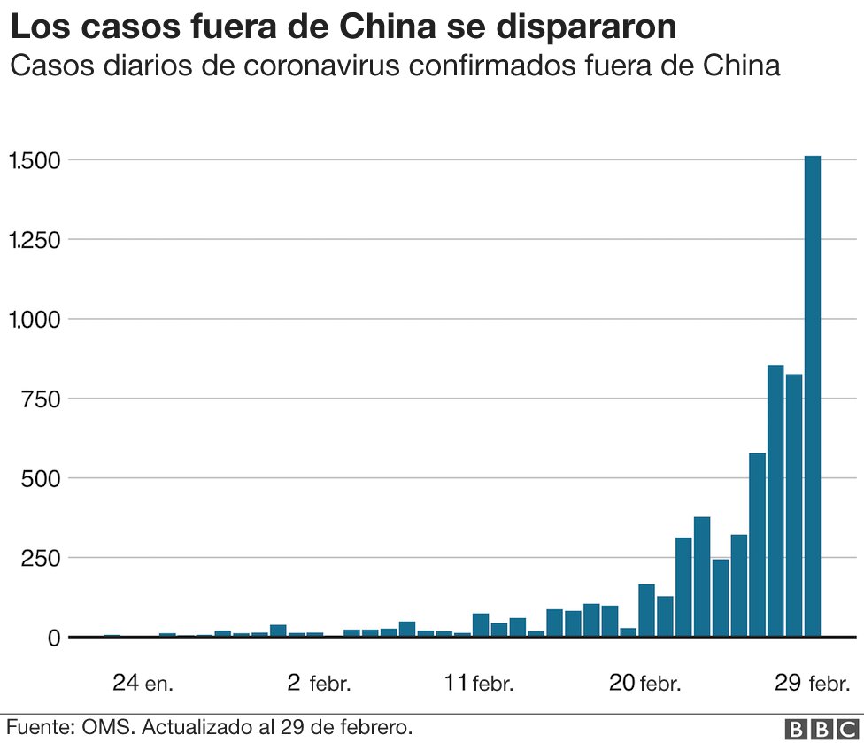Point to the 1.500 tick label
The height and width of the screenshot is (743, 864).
click(x=34, y=160)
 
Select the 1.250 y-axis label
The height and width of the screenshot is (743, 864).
click(x=34, y=240)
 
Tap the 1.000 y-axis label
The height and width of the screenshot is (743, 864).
click(x=34, y=319)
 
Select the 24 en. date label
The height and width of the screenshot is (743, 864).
click(x=143, y=683)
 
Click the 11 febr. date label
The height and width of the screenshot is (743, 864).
click(x=478, y=683)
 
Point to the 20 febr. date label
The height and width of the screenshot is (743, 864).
click(x=645, y=683)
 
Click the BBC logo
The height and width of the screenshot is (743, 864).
click(x=822, y=728)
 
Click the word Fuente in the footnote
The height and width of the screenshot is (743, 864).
click(x=39, y=727)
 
